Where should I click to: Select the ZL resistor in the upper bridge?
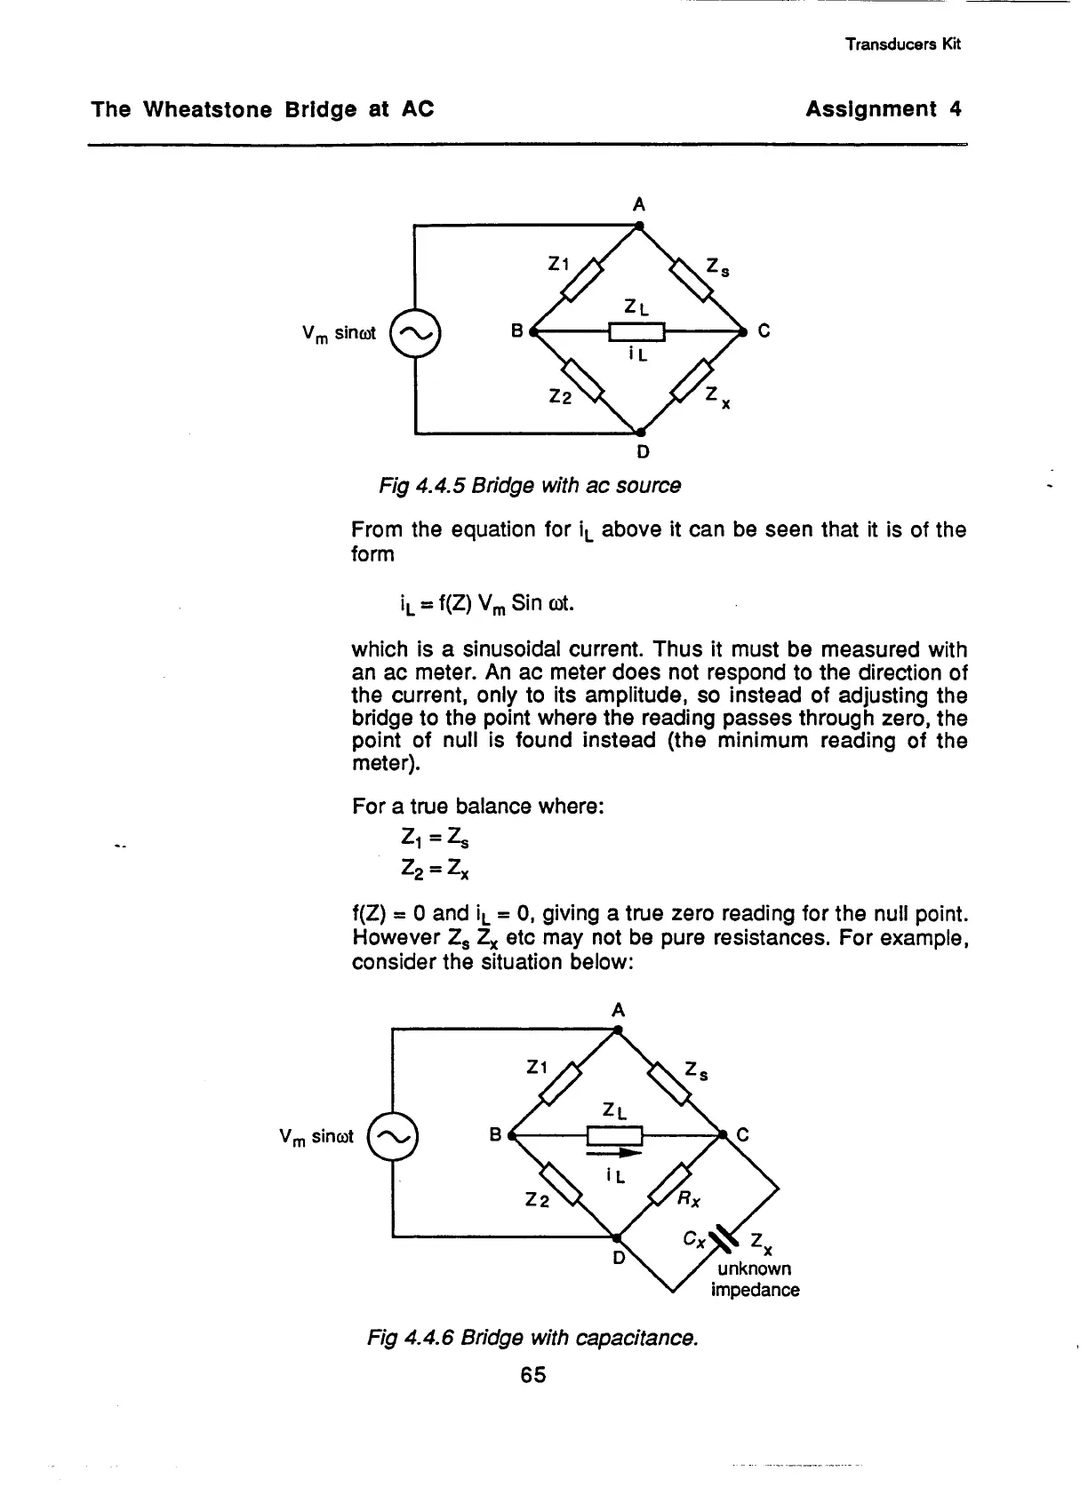[636, 332]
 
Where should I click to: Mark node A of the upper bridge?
[639, 226]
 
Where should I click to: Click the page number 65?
[533, 1375]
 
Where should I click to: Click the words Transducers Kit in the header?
[903, 44]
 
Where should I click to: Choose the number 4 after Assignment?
[955, 109]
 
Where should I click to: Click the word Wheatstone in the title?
[204, 109]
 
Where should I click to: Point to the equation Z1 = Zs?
[429, 838]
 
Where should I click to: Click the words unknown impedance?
[755, 1278]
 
